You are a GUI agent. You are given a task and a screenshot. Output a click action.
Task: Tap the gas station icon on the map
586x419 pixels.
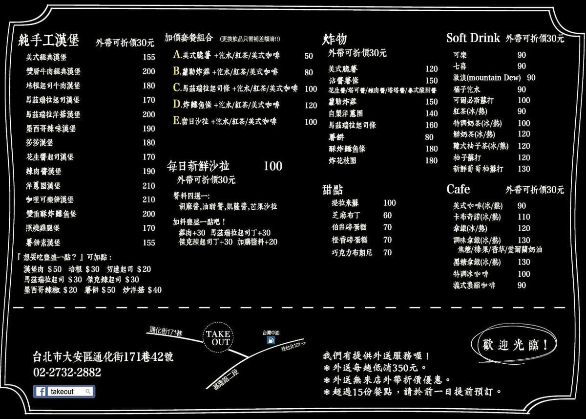[271, 340]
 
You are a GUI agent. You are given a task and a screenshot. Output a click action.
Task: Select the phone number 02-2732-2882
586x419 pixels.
[67, 372]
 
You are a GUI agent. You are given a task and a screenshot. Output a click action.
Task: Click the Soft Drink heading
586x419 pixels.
[473, 38]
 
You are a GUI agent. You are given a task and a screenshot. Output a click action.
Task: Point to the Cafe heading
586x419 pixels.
[458, 189]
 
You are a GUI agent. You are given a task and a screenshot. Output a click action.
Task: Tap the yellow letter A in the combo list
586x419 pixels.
[177, 54]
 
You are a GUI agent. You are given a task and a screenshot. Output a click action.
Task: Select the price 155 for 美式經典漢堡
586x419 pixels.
[149, 57]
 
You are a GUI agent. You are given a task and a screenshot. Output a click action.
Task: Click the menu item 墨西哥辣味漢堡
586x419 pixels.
[51, 129]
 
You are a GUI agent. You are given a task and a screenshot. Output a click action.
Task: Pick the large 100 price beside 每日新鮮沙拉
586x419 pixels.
[273, 166]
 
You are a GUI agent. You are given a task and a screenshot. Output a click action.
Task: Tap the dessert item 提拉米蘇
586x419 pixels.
[345, 203]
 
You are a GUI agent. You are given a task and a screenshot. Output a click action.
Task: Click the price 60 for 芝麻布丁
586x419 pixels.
[387, 215]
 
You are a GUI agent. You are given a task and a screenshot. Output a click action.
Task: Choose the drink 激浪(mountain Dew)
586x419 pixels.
[487, 78]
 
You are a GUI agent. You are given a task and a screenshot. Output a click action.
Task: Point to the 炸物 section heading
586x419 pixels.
[335, 39]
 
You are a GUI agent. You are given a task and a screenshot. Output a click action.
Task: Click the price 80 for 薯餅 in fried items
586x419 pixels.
[429, 137]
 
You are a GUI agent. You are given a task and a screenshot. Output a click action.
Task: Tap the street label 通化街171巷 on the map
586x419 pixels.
[166, 331]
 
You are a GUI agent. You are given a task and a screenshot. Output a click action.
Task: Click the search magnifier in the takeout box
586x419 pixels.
[88, 392]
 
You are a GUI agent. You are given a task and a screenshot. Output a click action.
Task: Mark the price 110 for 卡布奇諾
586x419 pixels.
[523, 217]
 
